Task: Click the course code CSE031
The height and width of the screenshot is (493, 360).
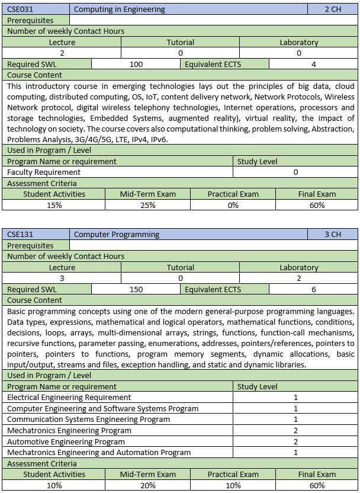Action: point(20,9)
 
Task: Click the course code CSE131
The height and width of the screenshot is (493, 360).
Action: point(20,235)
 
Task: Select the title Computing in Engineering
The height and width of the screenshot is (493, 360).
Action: point(120,9)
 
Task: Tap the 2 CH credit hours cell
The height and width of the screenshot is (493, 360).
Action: point(333,9)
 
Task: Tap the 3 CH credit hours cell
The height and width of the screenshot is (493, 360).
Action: point(333,235)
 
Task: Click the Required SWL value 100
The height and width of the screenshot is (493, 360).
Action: point(136,64)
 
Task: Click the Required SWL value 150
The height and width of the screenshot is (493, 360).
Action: point(136,289)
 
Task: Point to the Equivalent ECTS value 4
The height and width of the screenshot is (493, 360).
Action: point(313,64)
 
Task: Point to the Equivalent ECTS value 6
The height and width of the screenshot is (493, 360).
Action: point(313,289)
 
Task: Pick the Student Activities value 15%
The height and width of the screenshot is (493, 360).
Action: point(54,205)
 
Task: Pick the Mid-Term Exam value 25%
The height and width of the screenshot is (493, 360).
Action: point(147,205)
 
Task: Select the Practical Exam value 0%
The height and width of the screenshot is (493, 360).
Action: point(233,205)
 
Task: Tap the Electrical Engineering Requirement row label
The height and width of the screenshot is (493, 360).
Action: point(69,397)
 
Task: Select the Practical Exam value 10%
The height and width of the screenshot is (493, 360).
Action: point(233,485)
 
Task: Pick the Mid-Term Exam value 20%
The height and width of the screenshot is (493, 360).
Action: point(147,485)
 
